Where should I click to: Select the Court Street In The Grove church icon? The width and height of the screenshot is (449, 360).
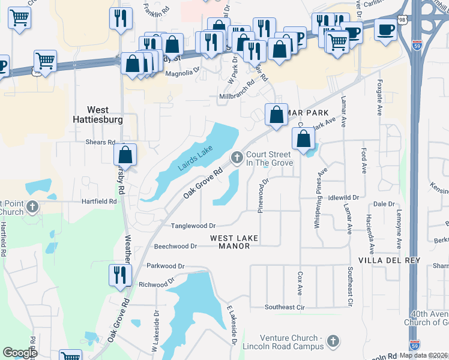tap(237, 158)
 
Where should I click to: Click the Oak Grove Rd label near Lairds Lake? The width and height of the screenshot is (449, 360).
tap(203, 183)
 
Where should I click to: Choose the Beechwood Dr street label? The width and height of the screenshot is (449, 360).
tap(175, 246)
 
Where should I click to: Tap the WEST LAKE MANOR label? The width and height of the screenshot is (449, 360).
tap(234, 242)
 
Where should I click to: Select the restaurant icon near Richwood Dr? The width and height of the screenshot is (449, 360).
tap(118, 275)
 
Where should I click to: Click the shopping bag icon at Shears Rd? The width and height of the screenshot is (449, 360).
tap(125, 154)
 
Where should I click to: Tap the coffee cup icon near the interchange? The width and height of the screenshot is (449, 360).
tap(385, 29)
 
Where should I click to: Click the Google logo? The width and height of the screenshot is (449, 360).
tap(20, 353)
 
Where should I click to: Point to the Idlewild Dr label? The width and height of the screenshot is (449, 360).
tap(343, 197)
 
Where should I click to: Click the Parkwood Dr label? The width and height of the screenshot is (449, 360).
tap(166, 265)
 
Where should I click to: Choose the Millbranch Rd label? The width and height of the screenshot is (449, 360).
tap(237, 95)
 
